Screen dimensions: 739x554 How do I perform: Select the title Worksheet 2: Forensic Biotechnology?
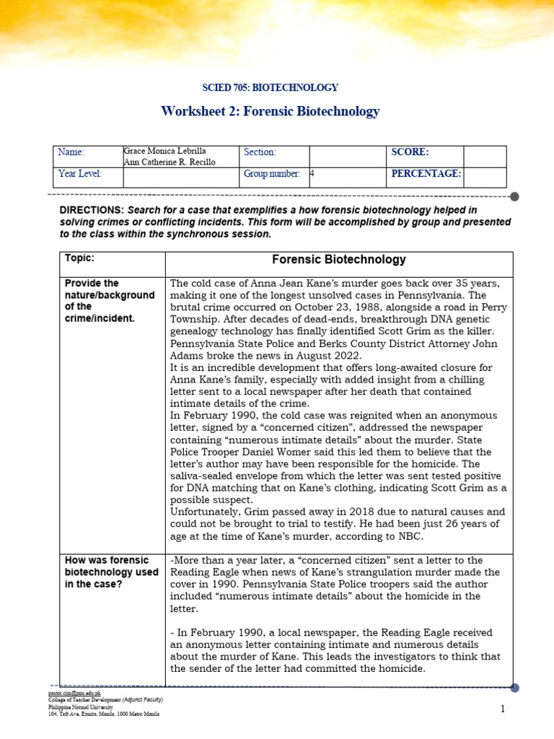(x=271, y=111)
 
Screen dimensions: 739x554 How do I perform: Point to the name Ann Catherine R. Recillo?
(x=171, y=162)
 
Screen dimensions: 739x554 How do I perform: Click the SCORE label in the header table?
(x=410, y=152)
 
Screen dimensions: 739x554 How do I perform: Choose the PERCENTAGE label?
(x=426, y=174)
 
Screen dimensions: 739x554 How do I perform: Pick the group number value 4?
(x=312, y=174)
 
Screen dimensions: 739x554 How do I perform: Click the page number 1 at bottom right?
(x=503, y=709)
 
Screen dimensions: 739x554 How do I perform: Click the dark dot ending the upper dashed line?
(x=514, y=196)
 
